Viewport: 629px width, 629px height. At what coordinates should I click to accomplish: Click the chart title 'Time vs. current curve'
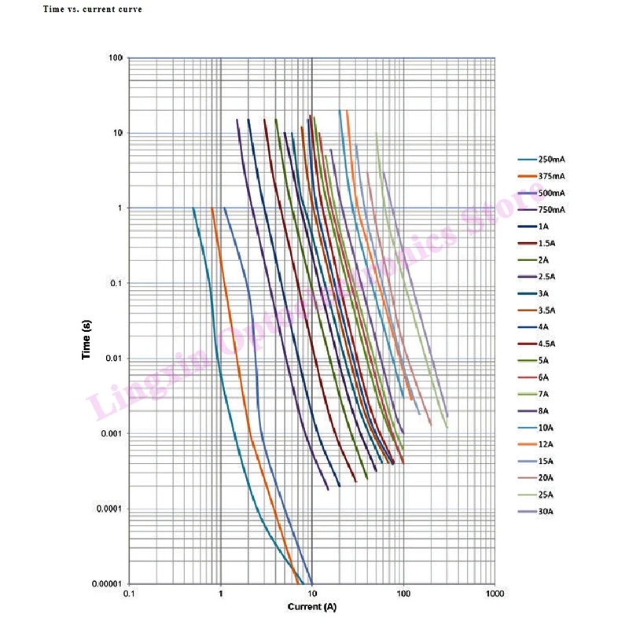[93, 9]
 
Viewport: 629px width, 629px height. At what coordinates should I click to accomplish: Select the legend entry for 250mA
[541, 160]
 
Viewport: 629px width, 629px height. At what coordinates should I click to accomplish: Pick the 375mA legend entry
[541, 176]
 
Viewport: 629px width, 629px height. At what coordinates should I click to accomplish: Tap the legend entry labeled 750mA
[541, 210]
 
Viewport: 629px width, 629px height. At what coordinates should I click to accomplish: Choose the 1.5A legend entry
[536, 244]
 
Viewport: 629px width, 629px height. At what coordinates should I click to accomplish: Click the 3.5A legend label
[536, 311]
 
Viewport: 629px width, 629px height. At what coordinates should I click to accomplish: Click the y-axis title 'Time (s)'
[86, 340]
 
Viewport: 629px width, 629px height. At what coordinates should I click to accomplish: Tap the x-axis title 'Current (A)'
[312, 606]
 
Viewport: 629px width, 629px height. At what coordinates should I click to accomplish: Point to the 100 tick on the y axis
[116, 57]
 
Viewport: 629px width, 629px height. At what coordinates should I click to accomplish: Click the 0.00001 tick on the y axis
[107, 583]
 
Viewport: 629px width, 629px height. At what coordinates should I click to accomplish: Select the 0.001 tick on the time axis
[111, 434]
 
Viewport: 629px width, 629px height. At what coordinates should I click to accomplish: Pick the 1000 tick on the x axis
[495, 594]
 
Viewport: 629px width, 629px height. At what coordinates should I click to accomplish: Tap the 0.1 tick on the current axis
[129, 594]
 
